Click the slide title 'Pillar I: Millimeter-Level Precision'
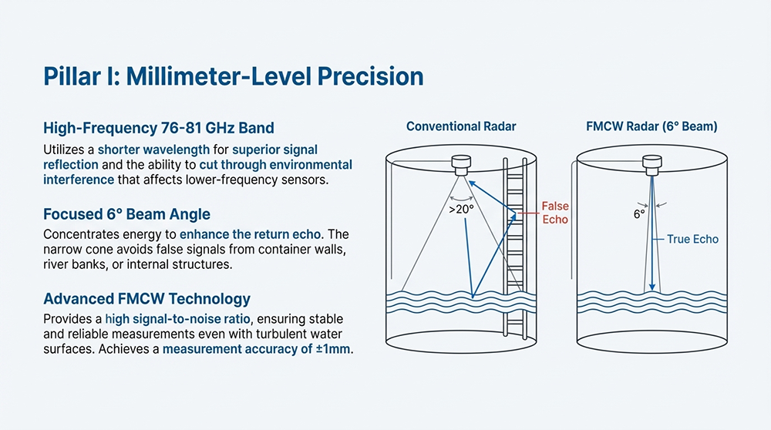point(234,77)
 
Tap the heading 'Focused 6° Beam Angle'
point(127,213)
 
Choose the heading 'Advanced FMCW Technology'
point(146,298)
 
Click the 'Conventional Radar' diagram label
point(461,126)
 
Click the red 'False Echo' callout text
point(554,213)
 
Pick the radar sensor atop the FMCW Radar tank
point(652,163)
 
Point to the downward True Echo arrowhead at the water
point(652,287)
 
